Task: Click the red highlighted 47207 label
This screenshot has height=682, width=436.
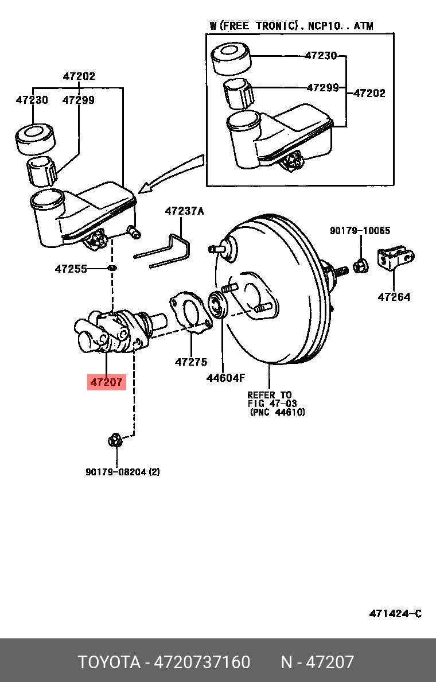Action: pyautogui.click(x=106, y=381)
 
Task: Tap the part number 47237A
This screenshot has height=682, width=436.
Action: pyautogui.click(x=184, y=211)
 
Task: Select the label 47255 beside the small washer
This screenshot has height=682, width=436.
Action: pyautogui.click(x=71, y=268)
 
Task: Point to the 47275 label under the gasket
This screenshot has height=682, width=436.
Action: pyautogui.click(x=191, y=362)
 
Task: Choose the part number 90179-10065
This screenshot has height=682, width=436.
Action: pyautogui.click(x=360, y=231)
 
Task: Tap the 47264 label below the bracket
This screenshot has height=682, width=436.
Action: pyautogui.click(x=394, y=297)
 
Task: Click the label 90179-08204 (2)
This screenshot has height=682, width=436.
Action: pyautogui.click(x=123, y=472)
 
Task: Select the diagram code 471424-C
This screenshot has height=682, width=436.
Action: pyautogui.click(x=395, y=614)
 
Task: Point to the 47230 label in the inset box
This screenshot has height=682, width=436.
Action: pyautogui.click(x=321, y=56)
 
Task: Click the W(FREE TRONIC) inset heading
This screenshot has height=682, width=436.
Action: pyautogui.click(x=291, y=26)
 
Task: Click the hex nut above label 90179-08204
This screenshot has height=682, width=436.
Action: pyautogui.click(x=115, y=441)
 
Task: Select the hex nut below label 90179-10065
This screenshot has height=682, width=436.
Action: pyautogui.click(x=361, y=265)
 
